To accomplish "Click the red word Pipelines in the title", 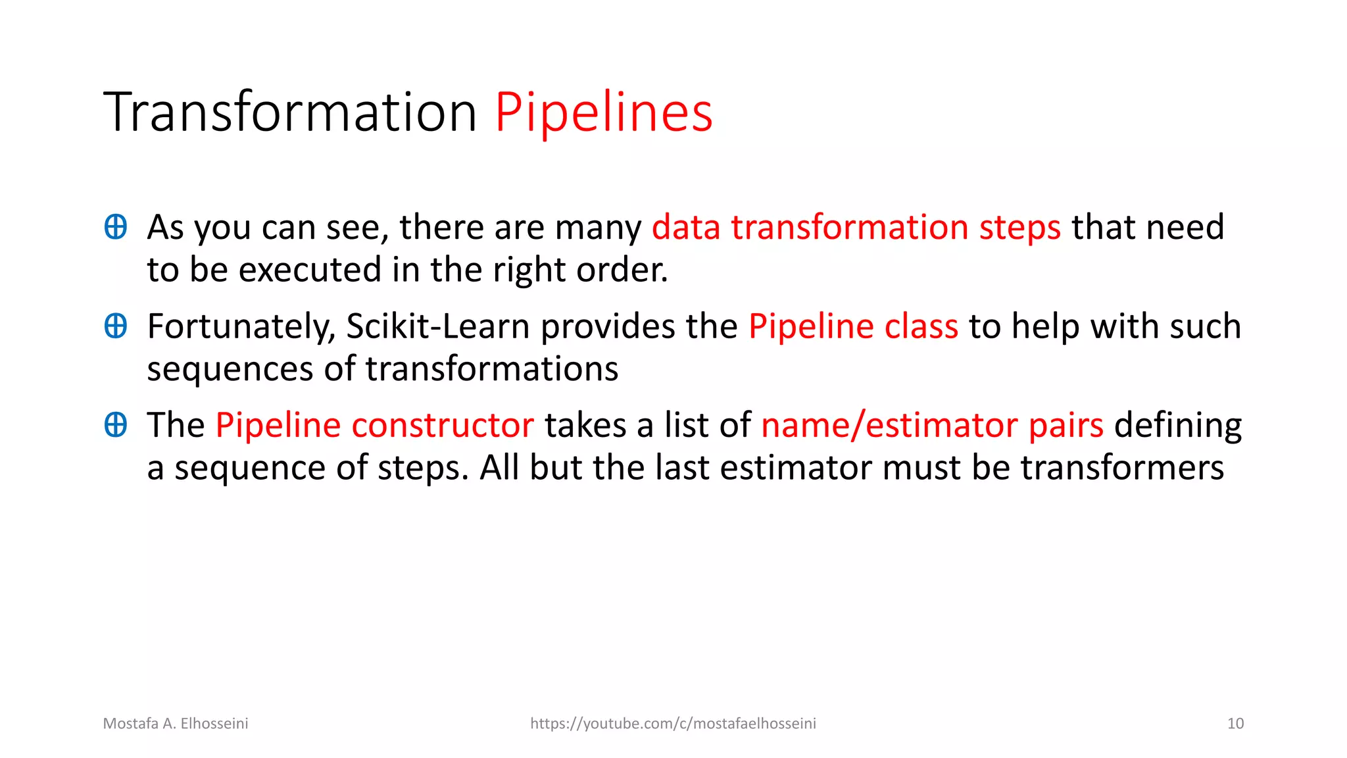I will pos(603,113).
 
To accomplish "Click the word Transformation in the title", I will pos(289,113).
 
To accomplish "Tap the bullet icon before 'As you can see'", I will pos(116,227).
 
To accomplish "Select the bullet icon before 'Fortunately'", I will pos(116,326).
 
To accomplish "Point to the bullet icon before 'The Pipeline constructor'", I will pos(116,424).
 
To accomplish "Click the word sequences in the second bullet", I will pos(230,369).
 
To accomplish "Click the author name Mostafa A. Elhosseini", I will pos(176,724).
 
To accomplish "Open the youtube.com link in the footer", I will pos(673,724).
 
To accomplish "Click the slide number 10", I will pos(1235,724).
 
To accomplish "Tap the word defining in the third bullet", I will pos(1177,425).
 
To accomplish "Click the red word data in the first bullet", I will pos(686,228).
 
